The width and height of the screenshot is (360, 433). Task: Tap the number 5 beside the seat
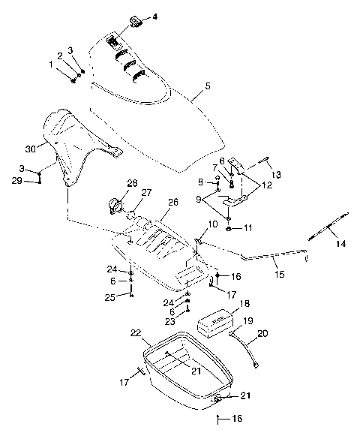[196, 96]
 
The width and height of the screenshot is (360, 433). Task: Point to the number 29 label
[17, 181]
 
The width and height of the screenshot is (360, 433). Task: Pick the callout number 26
[172, 202]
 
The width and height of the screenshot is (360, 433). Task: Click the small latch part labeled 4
[136, 18]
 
